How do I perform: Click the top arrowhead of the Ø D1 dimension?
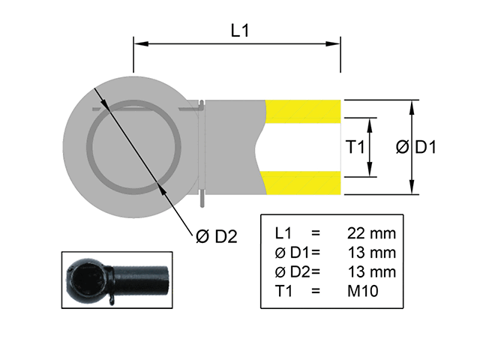(x=412, y=105)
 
